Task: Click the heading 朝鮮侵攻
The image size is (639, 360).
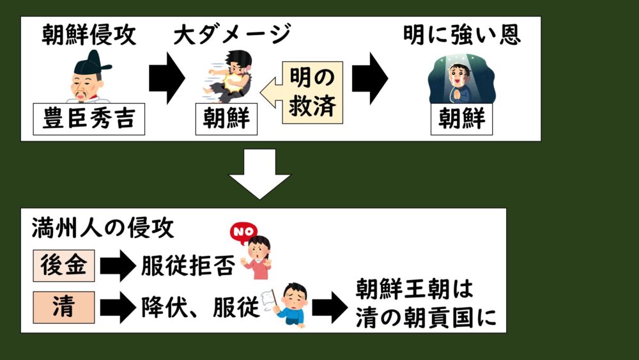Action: coord(89,36)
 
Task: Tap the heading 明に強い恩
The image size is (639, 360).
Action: coord(461,35)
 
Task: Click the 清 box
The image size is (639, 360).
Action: coord(64,308)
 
